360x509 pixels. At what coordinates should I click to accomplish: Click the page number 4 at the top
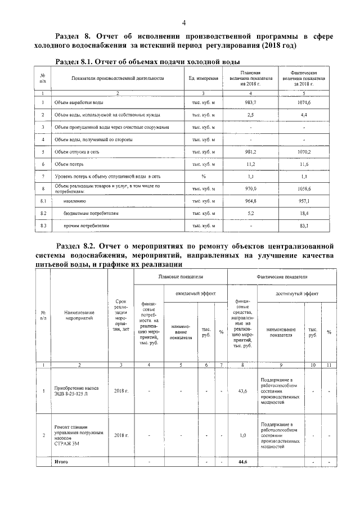point(183,22)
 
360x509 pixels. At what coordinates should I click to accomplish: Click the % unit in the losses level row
point(204,177)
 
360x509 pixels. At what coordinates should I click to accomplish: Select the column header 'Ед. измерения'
point(204,78)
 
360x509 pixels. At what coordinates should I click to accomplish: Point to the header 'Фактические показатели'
point(282,277)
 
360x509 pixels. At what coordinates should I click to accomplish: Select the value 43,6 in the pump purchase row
point(242,390)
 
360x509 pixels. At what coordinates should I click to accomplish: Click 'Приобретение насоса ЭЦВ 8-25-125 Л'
point(74,390)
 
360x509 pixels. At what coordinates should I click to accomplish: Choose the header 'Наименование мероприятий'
point(79,316)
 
